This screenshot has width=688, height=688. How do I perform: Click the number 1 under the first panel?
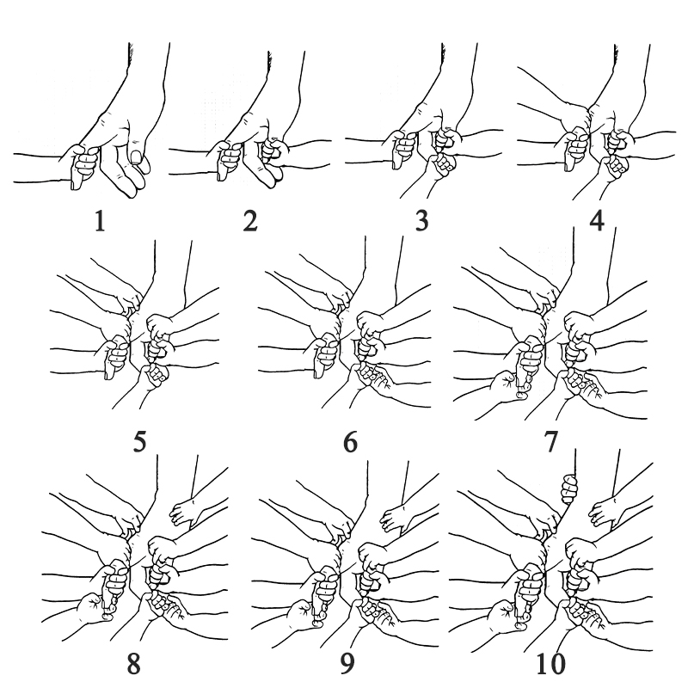(100, 221)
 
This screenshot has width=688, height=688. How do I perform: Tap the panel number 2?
(250, 221)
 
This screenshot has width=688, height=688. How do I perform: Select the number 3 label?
(421, 221)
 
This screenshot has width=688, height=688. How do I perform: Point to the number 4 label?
(597, 221)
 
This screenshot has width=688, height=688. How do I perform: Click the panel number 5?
(139, 442)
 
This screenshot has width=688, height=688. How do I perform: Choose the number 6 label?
(350, 442)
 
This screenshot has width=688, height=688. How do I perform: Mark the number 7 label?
(551, 442)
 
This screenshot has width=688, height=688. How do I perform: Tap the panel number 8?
(134, 664)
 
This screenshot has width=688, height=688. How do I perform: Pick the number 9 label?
(347, 664)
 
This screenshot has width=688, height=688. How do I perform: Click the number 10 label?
(551, 664)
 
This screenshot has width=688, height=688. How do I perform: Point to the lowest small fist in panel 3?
(442, 164)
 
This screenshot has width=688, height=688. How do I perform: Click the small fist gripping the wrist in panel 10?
(568, 488)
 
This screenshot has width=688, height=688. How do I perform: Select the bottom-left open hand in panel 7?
(509, 386)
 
